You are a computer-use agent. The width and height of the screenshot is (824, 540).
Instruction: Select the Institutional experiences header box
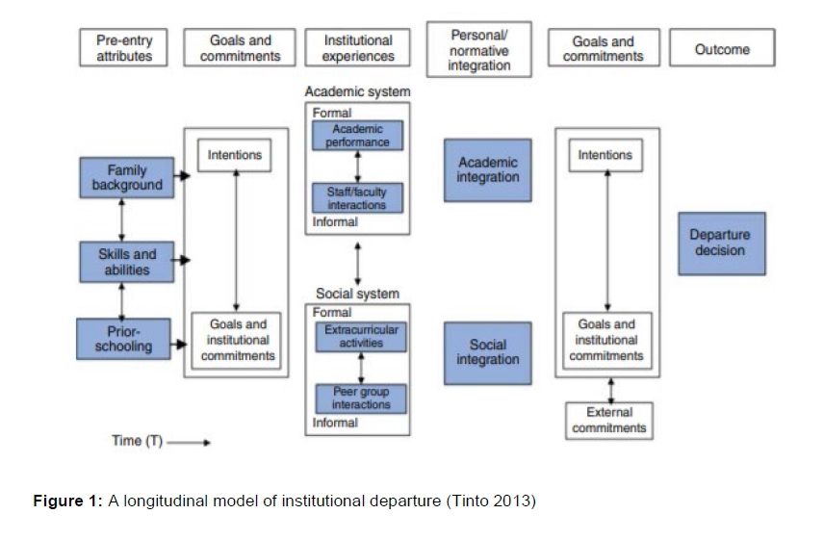pos(358,48)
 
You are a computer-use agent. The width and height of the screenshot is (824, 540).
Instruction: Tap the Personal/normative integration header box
pos(478,49)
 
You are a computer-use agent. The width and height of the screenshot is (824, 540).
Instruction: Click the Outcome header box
pos(722,49)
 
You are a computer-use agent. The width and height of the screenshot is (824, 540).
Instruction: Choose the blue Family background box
pos(127,178)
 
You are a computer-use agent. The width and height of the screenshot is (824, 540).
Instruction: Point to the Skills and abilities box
pos(127,262)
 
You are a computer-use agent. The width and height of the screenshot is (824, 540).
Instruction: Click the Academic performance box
pos(357,136)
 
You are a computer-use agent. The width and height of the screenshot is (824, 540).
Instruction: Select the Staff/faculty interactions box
pos(357,198)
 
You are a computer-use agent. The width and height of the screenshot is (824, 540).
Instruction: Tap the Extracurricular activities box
pos(361,337)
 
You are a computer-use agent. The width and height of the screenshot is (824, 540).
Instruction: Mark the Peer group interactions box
pos(361,399)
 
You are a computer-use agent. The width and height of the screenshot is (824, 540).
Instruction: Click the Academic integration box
pos(488,170)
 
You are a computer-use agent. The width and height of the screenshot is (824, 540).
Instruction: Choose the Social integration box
pos(488,352)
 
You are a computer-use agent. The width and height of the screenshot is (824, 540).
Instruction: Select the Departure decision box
pos(721,244)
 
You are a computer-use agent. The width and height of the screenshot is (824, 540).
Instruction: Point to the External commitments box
pos(609,421)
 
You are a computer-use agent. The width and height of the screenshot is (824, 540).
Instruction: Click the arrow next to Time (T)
pos(190,443)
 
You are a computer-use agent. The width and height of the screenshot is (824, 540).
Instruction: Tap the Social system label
pos(357,294)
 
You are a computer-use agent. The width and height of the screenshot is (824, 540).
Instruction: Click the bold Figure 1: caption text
pos(68,501)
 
